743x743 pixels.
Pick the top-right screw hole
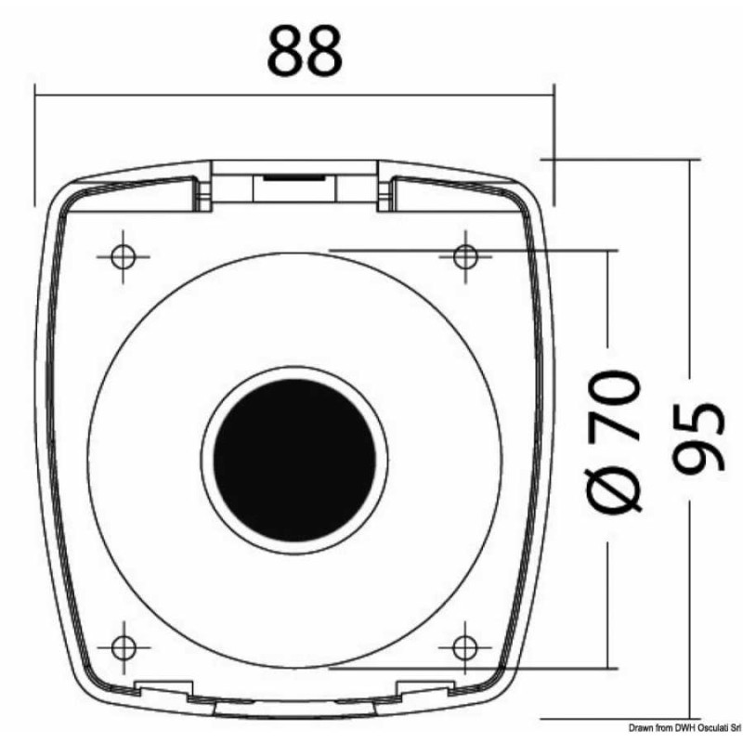[x=465, y=254]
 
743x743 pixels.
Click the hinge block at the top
[x=294, y=182]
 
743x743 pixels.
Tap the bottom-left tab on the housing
[x=163, y=688]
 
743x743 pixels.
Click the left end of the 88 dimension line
[x=35, y=92]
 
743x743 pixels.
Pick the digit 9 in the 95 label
[x=698, y=461]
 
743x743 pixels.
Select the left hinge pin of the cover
[x=202, y=192]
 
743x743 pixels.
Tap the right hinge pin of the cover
[x=382, y=192]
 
